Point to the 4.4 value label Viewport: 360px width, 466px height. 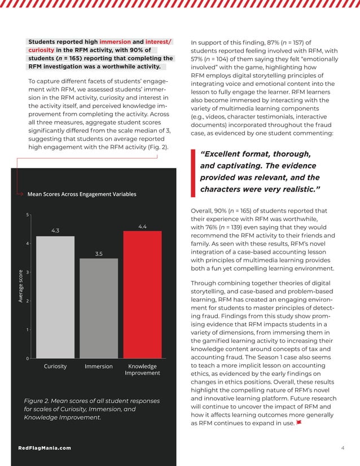click(142, 226)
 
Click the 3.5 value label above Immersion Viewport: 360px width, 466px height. click(99, 254)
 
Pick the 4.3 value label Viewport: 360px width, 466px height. click(55, 231)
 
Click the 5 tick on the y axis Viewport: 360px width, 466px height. click(28, 214)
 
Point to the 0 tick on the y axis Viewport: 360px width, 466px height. click(28, 359)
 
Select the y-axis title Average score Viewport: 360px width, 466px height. click(20, 287)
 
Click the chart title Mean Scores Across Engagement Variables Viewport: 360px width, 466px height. click(82, 195)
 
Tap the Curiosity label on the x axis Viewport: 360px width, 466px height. click(55, 366)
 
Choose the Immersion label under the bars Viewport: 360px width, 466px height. click(99, 367)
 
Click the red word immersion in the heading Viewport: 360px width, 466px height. click(115, 42)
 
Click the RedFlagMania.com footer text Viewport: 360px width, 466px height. click(45, 448)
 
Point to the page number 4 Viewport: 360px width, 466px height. click(343, 448)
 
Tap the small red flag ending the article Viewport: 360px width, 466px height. click(298, 423)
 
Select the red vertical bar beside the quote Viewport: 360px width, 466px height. click(193, 173)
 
